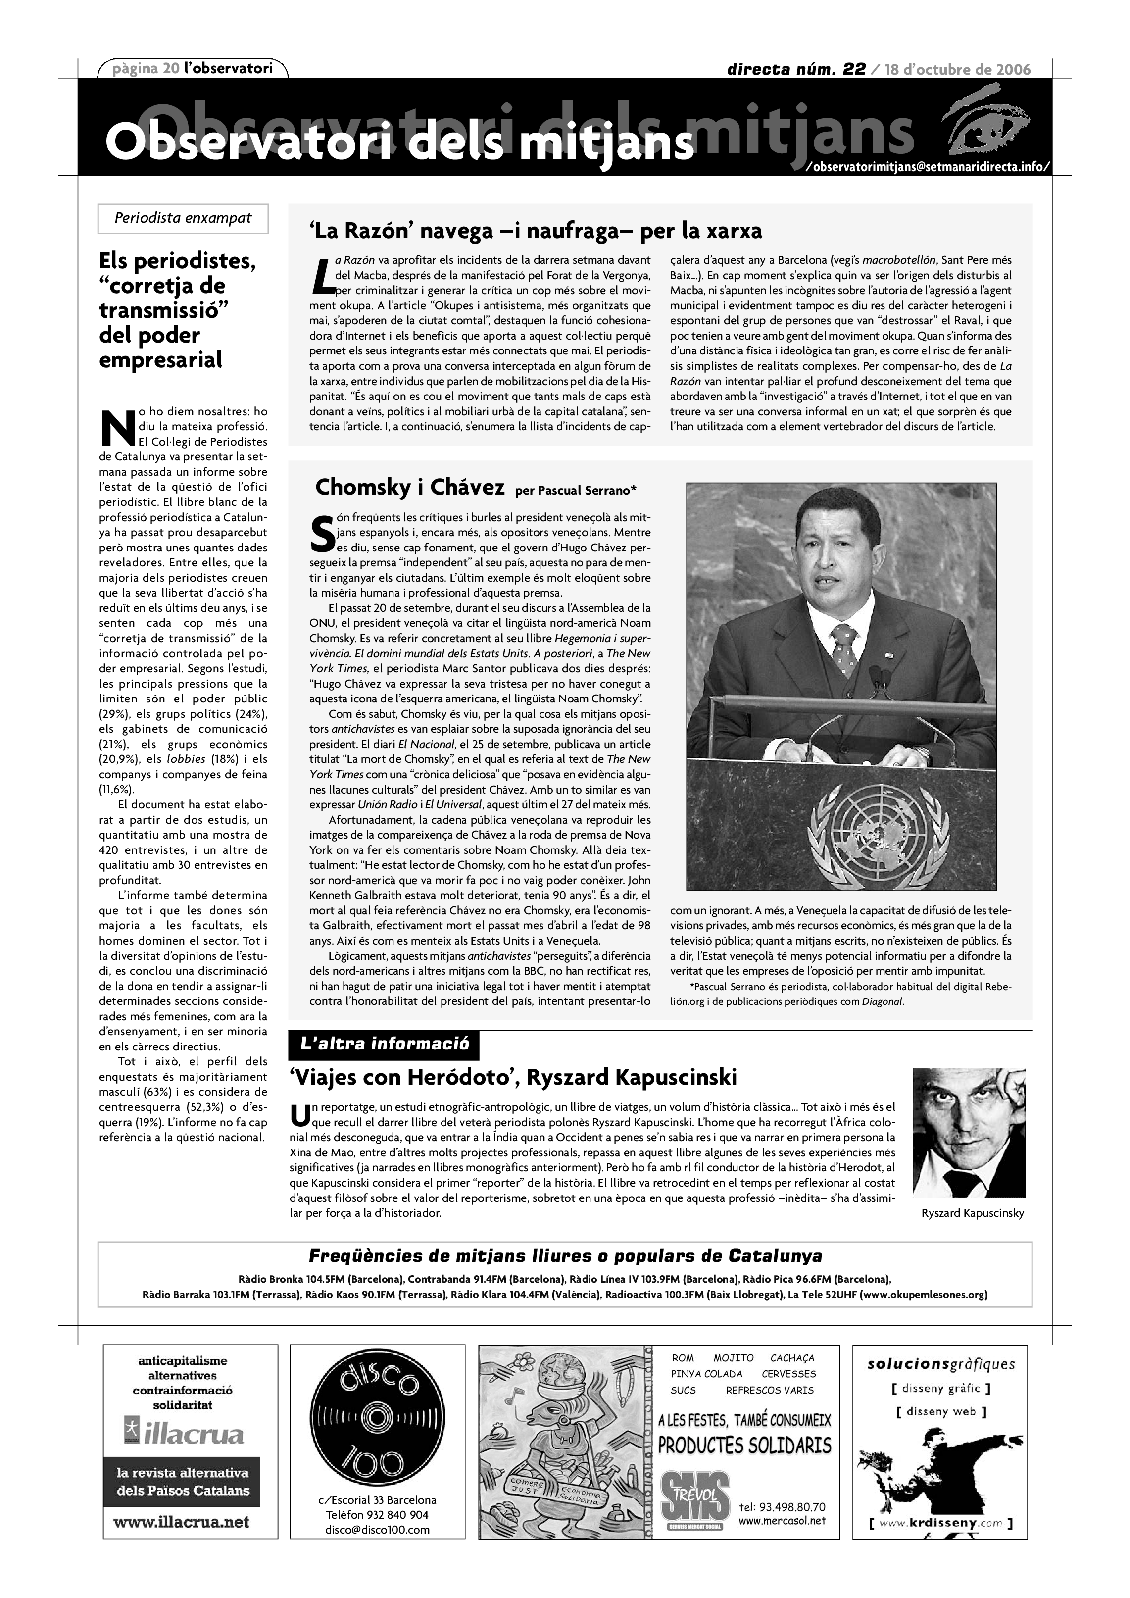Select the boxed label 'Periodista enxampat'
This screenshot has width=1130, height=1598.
[183, 218]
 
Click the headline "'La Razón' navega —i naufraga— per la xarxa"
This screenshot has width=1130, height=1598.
[535, 230]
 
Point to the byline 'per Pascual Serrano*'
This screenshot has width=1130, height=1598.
[576, 490]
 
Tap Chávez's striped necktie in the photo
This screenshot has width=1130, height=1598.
[844, 648]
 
